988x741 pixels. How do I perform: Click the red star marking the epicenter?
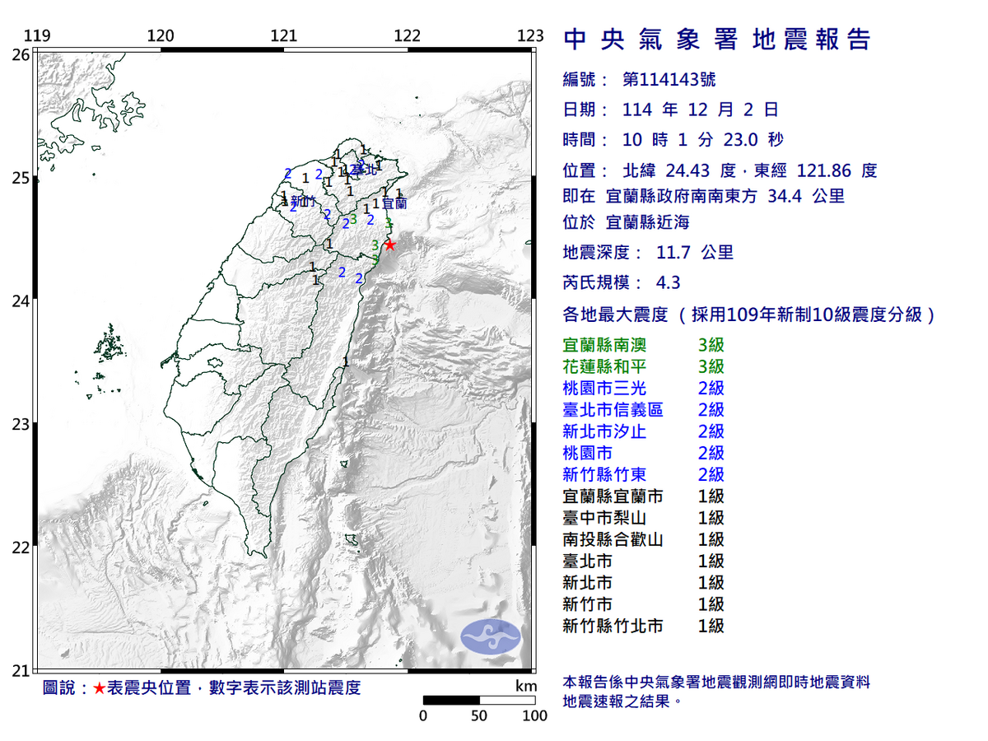click(x=390, y=245)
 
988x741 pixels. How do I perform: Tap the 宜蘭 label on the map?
click(x=394, y=203)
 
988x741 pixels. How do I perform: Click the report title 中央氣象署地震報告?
click(x=716, y=39)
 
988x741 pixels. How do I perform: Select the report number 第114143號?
click(x=669, y=80)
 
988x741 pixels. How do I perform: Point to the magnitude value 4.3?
click(x=668, y=282)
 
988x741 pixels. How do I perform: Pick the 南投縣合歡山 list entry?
click(x=613, y=539)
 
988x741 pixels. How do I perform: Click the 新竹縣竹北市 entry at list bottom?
click(x=613, y=626)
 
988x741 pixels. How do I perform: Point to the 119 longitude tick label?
click(x=38, y=35)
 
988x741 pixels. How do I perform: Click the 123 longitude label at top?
click(x=531, y=35)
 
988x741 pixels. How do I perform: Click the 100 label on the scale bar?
click(x=535, y=716)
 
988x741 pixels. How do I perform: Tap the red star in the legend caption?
click(x=99, y=688)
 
